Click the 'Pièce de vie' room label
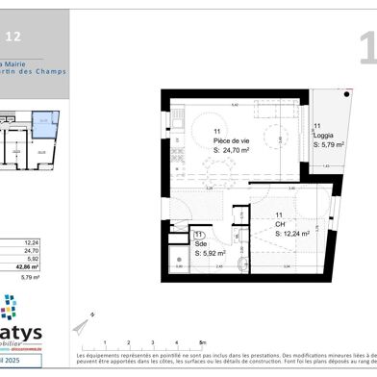tap(230, 140)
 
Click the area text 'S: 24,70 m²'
tap(232, 151)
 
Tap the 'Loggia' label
tap(323, 136)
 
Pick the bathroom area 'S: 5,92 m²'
tap(209, 255)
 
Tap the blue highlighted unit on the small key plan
tap(44, 124)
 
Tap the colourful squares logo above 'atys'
tap(9, 308)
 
